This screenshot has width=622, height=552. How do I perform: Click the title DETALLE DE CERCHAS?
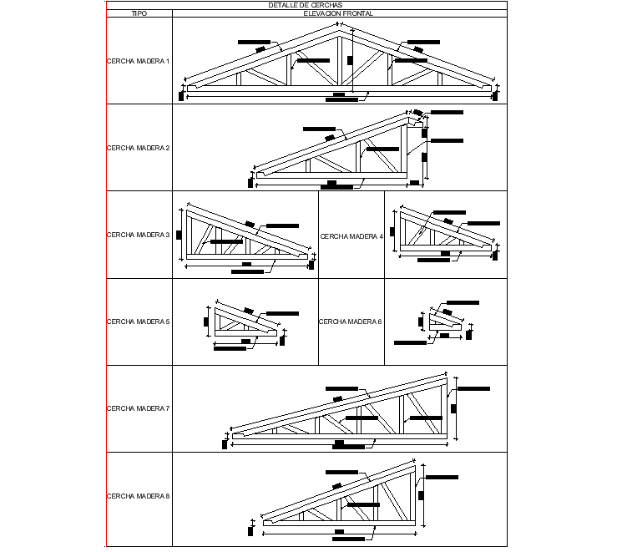(306, 5)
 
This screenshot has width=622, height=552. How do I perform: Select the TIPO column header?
(139, 14)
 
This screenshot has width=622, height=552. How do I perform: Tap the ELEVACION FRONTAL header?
(337, 14)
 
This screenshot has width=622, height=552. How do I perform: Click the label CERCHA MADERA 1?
(139, 61)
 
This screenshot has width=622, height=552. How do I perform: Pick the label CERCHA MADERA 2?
(139, 148)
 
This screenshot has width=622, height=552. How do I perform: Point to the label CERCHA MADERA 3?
(139, 235)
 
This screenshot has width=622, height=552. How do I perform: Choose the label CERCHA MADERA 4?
(351, 236)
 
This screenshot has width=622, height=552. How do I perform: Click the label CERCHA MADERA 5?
(139, 322)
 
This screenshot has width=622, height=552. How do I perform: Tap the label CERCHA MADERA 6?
(351, 322)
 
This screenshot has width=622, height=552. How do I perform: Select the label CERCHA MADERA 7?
(139, 408)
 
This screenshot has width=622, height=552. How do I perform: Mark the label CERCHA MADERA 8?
(139, 496)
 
